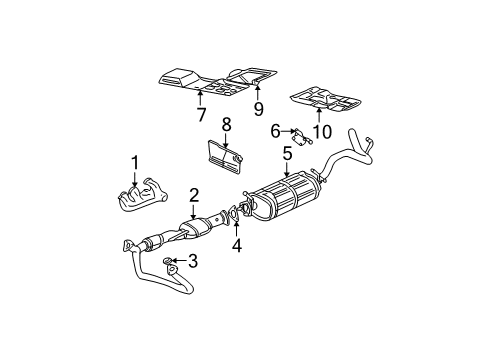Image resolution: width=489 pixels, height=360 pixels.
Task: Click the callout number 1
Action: pyautogui.click(x=133, y=161)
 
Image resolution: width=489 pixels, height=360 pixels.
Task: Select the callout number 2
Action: pyautogui.click(x=194, y=195)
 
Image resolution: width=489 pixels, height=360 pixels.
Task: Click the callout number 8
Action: pyautogui.click(x=226, y=126)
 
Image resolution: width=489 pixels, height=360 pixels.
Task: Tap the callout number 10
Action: pyautogui.click(x=320, y=129)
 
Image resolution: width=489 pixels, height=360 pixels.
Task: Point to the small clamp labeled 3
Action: pyautogui.click(x=173, y=264)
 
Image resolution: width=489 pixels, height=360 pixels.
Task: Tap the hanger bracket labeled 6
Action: pyautogui.click(x=298, y=132)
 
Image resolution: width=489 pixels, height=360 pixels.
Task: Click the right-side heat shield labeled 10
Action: pyautogui.click(x=322, y=100)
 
